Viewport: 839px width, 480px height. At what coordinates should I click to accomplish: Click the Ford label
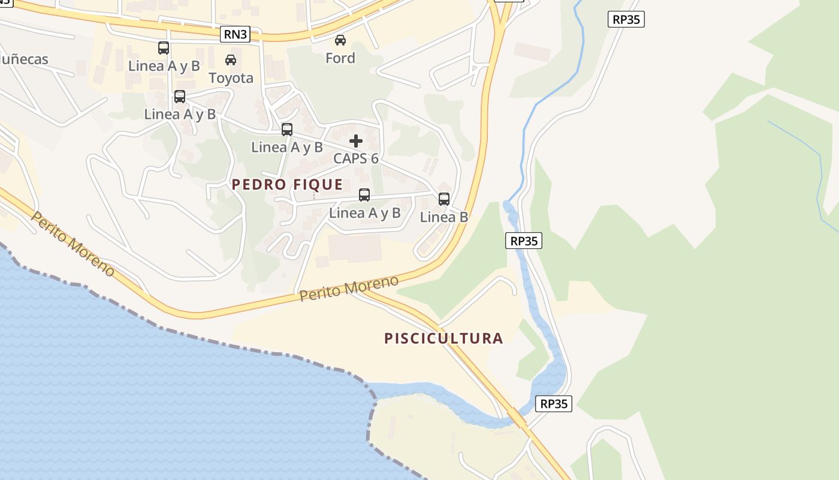coord(340,58)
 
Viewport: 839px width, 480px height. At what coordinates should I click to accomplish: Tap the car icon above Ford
coord(340,40)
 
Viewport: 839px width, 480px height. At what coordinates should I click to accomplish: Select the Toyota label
coord(231,78)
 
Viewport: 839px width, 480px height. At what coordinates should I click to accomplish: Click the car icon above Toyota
coord(231,60)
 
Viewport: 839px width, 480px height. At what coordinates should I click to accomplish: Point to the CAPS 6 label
coord(356,158)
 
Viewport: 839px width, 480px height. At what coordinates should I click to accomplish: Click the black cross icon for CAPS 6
coord(356,141)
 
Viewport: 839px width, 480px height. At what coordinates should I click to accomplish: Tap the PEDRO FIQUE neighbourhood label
coord(287,185)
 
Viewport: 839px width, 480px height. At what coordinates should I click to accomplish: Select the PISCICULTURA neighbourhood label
coord(443,338)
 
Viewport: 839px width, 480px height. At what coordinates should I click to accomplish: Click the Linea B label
coord(444,217)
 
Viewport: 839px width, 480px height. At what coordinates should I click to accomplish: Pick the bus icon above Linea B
coord(444,199)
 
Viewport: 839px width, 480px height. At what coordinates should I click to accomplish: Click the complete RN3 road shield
coord(235,34)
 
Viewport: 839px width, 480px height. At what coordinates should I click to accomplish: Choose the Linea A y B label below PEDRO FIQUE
coord(364,213)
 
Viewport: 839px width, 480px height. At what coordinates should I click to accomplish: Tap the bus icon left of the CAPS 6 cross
coord(287,130)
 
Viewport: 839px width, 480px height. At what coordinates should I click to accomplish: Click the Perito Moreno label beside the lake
coord(73,244)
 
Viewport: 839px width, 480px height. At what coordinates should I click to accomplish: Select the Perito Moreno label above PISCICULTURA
coord(349,289)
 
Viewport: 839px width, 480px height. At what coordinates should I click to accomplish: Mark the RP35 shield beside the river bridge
coord(553,404)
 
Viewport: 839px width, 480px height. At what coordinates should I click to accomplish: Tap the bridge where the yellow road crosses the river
coord(516,416)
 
